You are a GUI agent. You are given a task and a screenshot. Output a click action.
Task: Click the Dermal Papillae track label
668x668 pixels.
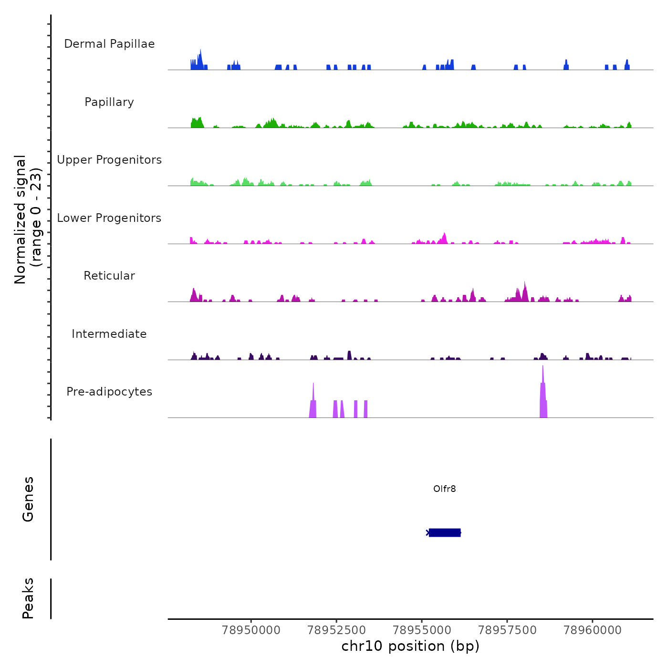[109, 44]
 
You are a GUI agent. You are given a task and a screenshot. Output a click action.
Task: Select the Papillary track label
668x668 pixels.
[109, 102]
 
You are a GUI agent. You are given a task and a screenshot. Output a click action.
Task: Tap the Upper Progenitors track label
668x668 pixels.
[109, 160]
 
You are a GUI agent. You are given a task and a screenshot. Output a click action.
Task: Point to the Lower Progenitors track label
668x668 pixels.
[109, 218]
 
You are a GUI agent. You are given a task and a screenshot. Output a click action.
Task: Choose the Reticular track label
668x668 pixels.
[109, 276]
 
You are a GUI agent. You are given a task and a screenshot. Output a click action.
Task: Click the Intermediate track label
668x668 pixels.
[109, 334]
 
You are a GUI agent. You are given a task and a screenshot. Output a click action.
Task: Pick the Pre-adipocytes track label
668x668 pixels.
[109, 392]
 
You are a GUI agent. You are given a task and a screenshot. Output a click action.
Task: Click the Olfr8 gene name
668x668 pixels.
[444, 489]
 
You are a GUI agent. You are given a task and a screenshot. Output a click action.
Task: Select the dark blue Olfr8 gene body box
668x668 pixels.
[445, 532]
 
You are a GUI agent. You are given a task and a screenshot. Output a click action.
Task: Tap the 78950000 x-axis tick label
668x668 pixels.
[251, 630]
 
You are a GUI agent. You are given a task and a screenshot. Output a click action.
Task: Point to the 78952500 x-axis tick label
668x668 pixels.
[336, 630]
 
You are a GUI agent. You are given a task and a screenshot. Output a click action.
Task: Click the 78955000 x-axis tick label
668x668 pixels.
[422, 630]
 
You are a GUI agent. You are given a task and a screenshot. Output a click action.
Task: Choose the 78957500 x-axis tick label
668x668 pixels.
[507, 630]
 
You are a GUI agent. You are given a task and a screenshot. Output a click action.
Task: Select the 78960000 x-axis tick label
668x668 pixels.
[593, 630]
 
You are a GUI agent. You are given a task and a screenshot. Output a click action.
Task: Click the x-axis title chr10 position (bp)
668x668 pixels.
[410, 646]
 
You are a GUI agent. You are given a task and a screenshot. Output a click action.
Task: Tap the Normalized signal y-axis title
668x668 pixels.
[28, 219]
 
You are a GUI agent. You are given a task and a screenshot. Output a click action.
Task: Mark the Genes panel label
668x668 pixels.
[28, 499]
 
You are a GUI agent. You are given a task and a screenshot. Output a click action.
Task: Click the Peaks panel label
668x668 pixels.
[28, 598]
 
